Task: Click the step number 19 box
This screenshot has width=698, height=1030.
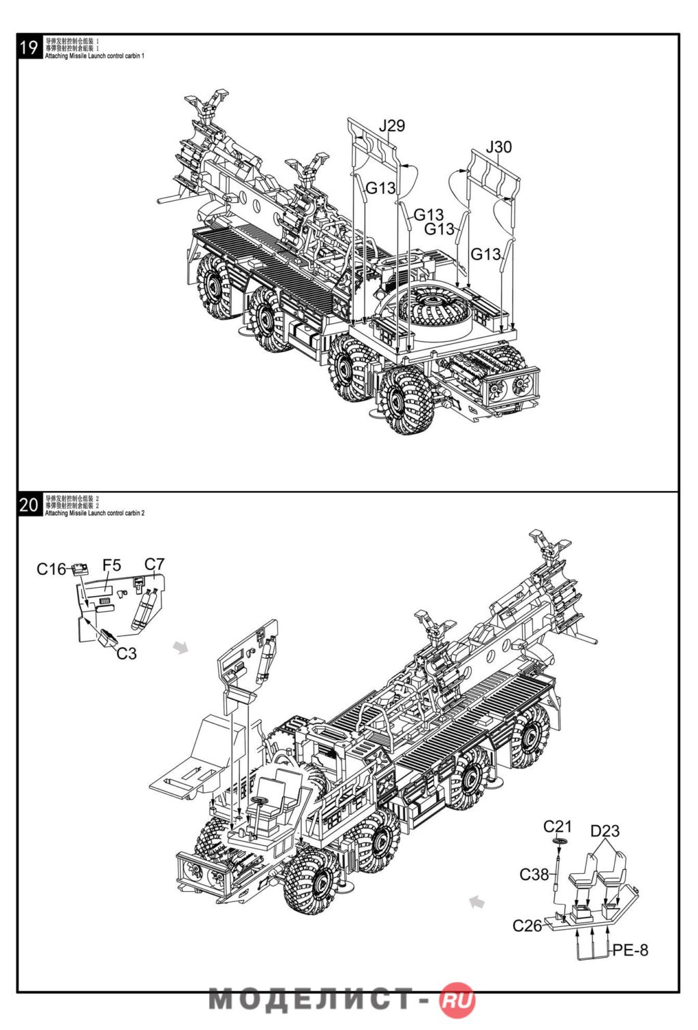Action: pyautogui.click(x=29, y=47)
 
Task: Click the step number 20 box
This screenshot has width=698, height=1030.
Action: pyautogui.click(x=29, y=505)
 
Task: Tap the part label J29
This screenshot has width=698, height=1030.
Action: pyautogui.click(x=392, y=126)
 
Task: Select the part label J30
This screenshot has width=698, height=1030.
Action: pyautogui.click(x=498, y=147)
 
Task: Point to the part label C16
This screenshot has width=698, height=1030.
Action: pyautogui.click(x=51, y=569)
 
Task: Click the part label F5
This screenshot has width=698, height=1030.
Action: pyautogui.click(x=112, y=565)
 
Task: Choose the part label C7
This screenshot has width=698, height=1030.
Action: pyautogui.click(x=155, y=564)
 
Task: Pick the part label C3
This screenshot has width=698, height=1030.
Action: pyautogui.click(x=126, y=654)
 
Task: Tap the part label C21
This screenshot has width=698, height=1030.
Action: pyautogui.click(x=558, y=826)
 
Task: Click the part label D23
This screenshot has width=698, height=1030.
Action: pyautogui.click(x=605, y=831)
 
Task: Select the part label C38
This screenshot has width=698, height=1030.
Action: pyautogui.click(x=534, y=874)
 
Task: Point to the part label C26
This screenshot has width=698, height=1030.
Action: pyautogui.click(x=527, y=925)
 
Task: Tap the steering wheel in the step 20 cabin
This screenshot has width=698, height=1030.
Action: pyautogui.click(x=259, y=800)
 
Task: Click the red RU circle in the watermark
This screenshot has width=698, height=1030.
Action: pyautogui.click(x=458, y=1000)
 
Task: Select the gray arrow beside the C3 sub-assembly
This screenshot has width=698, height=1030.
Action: pyautogui.click(x=181, y=646)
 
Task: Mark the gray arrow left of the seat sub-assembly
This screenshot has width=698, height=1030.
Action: pyautogui.click(x=477, y=902)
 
